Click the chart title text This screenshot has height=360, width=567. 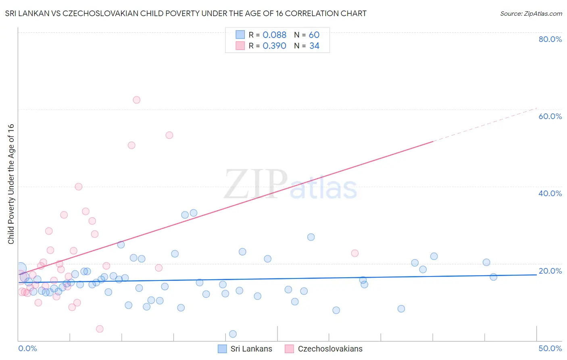click(186, 13)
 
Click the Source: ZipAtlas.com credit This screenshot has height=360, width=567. click(531, 13)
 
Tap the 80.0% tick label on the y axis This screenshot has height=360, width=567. click(550, 39)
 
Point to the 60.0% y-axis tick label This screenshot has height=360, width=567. click(550, 116)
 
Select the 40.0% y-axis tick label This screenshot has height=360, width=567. click(550, 193)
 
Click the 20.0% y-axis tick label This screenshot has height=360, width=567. click(550, 271)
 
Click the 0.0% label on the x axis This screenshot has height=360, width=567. click(27, 348)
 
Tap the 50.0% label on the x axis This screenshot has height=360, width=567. click(550, 348)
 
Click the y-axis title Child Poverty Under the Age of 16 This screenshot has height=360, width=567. click(11, 184)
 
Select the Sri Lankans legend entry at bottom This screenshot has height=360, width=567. click(251, 349)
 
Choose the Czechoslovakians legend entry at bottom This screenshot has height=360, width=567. click(330, 349)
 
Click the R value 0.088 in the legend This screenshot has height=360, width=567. click(274, 35)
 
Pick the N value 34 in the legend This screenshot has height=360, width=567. click(314, 46)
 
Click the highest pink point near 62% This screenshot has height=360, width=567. click(136, 100)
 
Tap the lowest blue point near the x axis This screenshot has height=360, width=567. click(233, 334)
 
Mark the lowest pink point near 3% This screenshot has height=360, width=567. click(100, 329)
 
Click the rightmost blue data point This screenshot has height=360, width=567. click(493, 277)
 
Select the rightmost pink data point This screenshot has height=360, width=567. click(355, 253)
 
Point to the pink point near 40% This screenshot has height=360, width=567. click(79, 186)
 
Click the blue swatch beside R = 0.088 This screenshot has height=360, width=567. click(240, 35)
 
